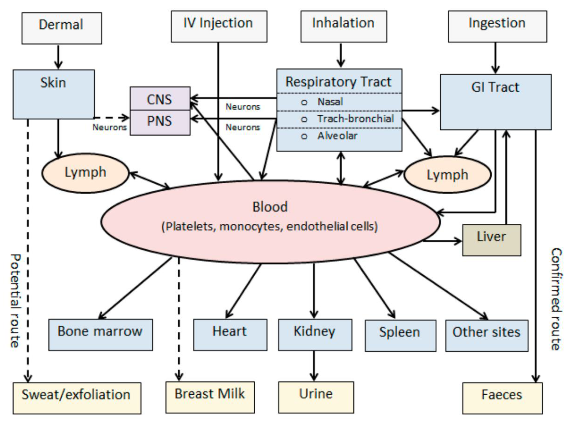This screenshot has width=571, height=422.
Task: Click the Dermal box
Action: pos(62,28)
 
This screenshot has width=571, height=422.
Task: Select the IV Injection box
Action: pos(219,26)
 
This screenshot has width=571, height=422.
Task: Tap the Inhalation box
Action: pos(344,26)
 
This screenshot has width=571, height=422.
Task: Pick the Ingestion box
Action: pos(497,26)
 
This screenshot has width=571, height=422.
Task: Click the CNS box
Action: pos(160,99)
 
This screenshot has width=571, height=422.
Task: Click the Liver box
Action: pos(491,240)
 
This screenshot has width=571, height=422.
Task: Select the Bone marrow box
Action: pos(101,334)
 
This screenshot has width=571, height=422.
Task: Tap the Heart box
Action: pos(230,334)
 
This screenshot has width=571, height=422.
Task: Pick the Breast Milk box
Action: pos(210,397)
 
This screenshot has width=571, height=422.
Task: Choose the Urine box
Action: pos(316,397)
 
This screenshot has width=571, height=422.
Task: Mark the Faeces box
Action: pos(502,398)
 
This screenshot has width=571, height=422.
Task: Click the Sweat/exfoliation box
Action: pos(77,398)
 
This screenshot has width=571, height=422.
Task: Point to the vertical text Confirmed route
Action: pos(556,299)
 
